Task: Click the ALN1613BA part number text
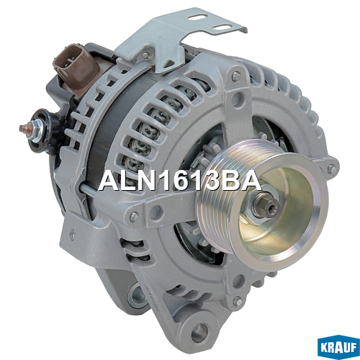tap(179, 182)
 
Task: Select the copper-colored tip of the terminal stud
tap(23, 128)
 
